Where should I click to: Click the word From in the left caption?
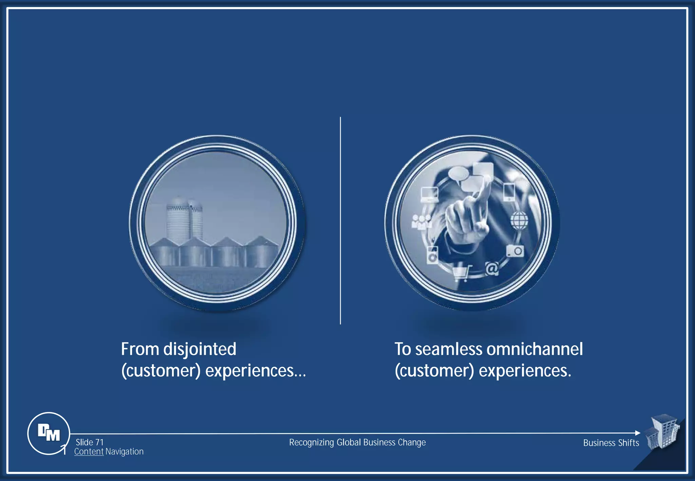(x=140, y=349)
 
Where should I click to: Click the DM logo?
(x=49, y=433)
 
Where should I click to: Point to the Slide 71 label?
(x=90, y=442)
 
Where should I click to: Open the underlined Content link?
(x=89, y=452)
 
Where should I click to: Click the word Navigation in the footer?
(x=124, y=452)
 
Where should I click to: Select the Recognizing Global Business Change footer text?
(x=357, y=443)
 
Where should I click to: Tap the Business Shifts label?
(x=611, y=443)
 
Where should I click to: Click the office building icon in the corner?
(x=662, y=431)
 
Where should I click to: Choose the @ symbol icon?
(x=492, y=269)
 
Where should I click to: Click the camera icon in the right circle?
(x=515, y=251)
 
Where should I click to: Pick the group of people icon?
(x=421, y=222)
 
